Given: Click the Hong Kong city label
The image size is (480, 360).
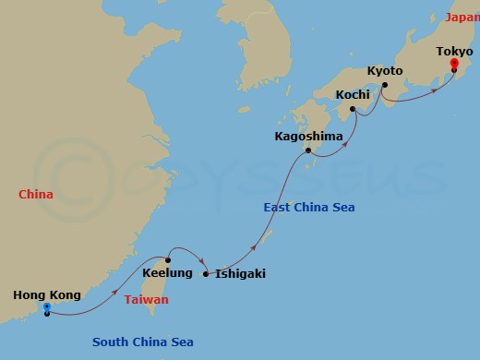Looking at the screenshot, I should pos(46,295).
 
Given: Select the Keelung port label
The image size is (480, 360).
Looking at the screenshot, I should pos(168,273).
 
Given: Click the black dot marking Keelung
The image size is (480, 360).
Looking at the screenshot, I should pos(168,260).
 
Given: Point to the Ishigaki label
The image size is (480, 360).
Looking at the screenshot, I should pos(241,273).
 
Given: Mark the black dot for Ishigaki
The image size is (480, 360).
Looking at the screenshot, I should pos(206,273).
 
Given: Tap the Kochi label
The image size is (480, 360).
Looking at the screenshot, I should pos(354,94).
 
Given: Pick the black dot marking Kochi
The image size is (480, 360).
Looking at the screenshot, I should pos(354,107).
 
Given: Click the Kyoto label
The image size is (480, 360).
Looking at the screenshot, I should pos(385,70).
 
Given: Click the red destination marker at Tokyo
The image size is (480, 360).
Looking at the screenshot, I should pos(453,64).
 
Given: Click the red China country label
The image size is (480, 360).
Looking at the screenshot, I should pos(35,194).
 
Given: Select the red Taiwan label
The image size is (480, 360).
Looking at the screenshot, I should pos(147,300).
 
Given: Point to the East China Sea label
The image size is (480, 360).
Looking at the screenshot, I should pos(309,208).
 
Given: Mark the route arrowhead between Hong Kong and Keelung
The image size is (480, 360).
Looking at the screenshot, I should pos(116,296).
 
